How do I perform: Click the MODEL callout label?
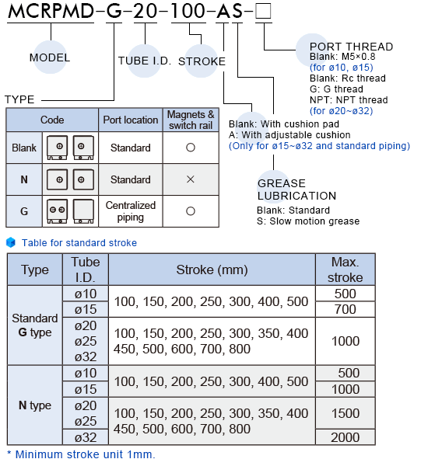[50, 57]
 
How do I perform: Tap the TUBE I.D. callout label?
[145, 61]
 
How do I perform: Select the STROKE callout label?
[202, 61]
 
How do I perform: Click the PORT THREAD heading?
[352, 47]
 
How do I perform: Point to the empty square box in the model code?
[263, 11]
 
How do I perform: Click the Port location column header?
[131, 120]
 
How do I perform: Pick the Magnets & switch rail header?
[191, 120]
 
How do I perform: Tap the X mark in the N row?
[191, 179]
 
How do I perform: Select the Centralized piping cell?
[131, 211]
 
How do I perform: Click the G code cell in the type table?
[24, 211]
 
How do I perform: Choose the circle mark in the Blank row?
[191, 148]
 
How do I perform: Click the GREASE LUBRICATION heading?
[297, 190]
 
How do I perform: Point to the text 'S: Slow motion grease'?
[308, 221]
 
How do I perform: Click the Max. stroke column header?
[346, 270]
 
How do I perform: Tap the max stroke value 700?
[346, 309]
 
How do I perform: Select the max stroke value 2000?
[346, 437]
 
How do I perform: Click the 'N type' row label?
[35, 405]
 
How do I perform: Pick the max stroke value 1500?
[346, 413]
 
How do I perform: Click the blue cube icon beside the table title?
[11, 242]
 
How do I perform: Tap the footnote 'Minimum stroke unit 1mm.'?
[85, 454]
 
